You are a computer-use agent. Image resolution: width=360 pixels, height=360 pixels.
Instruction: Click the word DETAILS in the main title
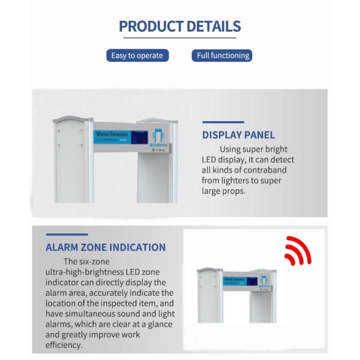click(214, 26)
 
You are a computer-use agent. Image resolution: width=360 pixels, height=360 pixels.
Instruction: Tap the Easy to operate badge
click(137, 56)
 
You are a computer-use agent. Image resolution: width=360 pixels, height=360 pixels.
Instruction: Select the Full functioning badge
click(223, 56)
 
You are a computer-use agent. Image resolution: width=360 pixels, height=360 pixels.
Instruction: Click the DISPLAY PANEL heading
click(238, 135)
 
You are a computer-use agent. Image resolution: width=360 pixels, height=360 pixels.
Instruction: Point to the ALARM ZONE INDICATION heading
click(106, 247)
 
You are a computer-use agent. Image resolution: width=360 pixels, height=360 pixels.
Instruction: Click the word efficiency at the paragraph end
click(64, 345)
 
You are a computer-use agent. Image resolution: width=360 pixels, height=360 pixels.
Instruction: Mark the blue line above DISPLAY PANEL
click(223, 121)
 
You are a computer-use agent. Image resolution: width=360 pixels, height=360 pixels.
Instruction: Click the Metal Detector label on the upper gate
click(111, 136)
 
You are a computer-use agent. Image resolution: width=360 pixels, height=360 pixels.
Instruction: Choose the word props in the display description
click(233, 191)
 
